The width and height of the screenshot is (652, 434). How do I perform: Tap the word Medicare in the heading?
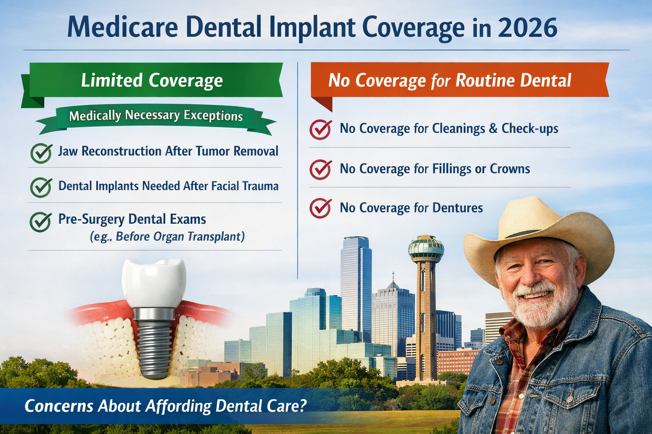click(122, 28)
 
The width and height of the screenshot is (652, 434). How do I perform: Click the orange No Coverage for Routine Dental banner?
click(450, 81)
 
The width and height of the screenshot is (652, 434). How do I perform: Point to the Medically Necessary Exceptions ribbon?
click(156, 116)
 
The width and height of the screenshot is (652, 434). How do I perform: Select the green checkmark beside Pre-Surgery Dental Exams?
click(41, 221)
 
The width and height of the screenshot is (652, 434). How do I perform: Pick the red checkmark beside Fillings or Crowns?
click(320, 169)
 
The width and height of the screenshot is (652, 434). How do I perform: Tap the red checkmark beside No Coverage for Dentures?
click(320, 208)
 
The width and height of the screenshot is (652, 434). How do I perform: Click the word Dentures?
click(458, 208)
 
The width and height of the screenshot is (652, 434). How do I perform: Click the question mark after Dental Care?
click(302, 406)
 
